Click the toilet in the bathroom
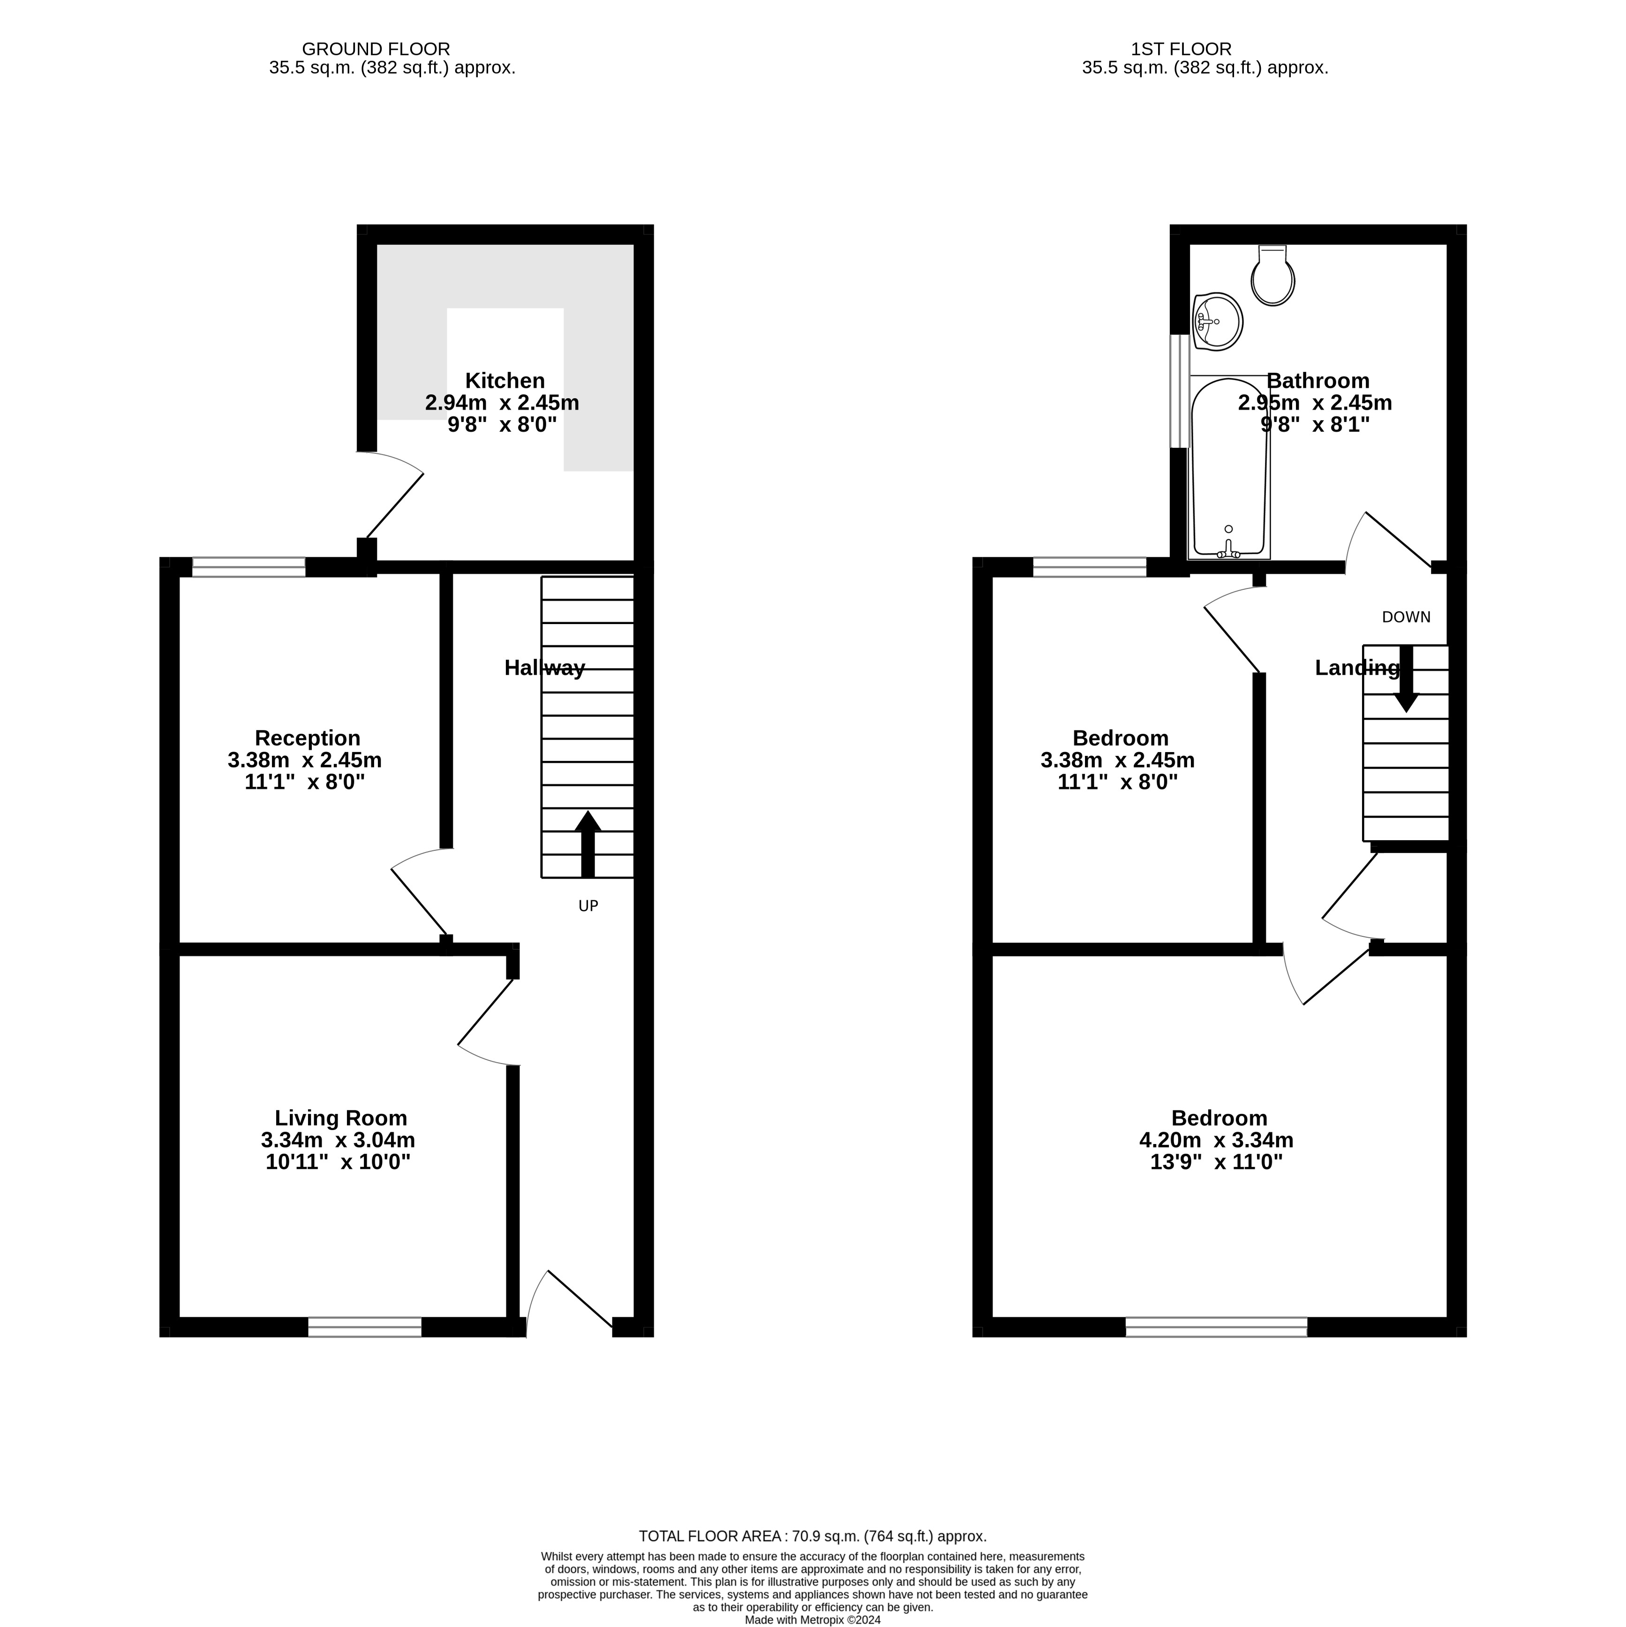(1272, 275)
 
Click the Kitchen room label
(505, 381)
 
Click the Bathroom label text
(1318, 381)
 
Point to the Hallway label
(545, 668)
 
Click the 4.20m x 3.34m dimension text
(1217, 1140)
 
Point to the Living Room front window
(365, 1327)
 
